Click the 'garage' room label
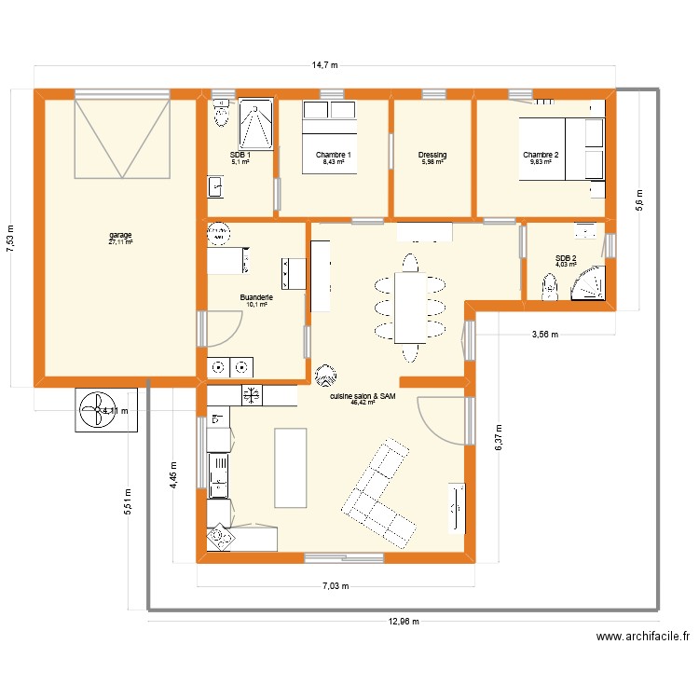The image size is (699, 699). pyautogui.click(x=120, y=235)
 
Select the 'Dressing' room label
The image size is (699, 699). pyautogui.click(x=432, y=155)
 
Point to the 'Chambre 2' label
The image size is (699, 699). pyautogui.click(x=541, y=155)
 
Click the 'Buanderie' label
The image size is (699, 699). pyautogui.click(x=257, y=297)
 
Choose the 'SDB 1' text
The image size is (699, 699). pyautogui.click(x=240, y=155)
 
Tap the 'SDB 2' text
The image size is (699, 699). pyautogui.click(x=566, y=258)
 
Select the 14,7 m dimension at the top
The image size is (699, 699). pyautogui.click(x=324, y=65)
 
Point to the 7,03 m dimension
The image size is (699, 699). pyautogui.click(x=335, y=586)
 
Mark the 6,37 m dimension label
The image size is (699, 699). pyautogui.click(x=499, y=433)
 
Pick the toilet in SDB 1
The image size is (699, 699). pyautogui.click(x=221, y=115)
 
